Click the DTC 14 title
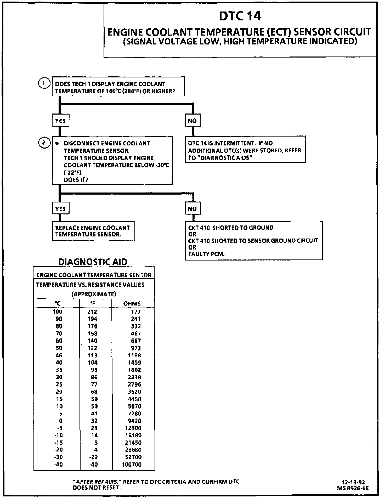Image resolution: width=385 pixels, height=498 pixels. coord(240,16)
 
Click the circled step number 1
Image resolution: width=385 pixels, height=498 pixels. coord(44,83)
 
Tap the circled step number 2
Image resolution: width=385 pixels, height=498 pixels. coord(44,143)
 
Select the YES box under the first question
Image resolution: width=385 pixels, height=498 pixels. coord(60,121)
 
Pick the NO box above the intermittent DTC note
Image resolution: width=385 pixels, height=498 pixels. coord(192,121)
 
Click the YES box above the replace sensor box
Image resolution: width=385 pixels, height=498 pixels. coord(60,209)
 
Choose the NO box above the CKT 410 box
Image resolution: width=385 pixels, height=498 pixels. coord(192,209)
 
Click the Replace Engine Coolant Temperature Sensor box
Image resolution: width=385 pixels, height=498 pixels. coord(93,231)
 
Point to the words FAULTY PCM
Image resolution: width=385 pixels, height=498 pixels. coord(206,254)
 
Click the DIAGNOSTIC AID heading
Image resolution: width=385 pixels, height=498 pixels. coord(93,262)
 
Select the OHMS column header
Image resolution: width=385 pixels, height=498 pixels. coord(132,304)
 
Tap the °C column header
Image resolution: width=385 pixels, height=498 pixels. coord(58,304)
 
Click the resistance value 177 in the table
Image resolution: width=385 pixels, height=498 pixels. coord(136,312)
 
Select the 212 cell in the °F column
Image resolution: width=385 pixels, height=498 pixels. coord(92,312)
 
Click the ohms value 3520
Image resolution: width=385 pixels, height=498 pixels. coord(134,392)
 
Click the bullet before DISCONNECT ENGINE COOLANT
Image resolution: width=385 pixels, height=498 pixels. coord(57,144)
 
